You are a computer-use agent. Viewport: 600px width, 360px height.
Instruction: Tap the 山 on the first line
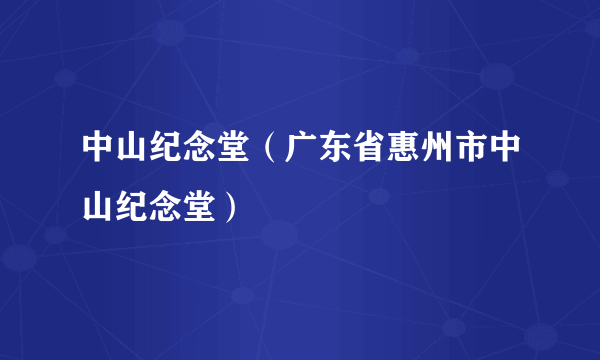coord(129,151)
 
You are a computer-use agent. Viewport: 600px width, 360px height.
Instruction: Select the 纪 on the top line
coord(161,151)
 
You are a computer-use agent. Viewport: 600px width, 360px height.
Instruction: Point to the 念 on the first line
coord(193,151)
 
